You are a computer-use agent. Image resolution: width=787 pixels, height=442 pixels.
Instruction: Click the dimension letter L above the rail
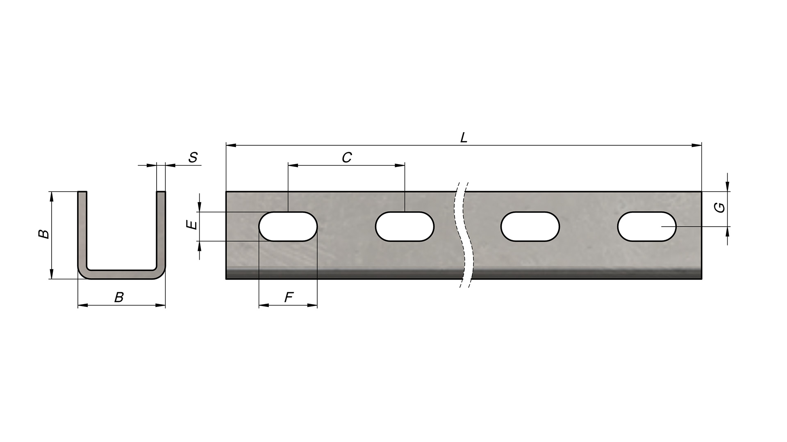click(x=464, y=138)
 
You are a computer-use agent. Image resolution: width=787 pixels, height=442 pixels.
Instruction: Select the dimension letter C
click(x=347, y=158)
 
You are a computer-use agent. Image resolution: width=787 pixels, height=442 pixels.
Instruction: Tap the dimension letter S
click(x=193, y=158)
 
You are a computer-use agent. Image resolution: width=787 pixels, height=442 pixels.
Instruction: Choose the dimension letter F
click(x=289, y=298)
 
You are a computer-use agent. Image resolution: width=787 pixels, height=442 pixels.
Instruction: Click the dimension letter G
click(x=719, y=208)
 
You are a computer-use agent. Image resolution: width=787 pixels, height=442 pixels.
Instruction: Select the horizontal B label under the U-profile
click(x=119, y=298)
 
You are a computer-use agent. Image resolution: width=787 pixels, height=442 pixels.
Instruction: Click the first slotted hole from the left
click(x=288, y=226)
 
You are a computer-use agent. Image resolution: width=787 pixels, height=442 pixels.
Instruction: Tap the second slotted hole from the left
click(x=405, y=226)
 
